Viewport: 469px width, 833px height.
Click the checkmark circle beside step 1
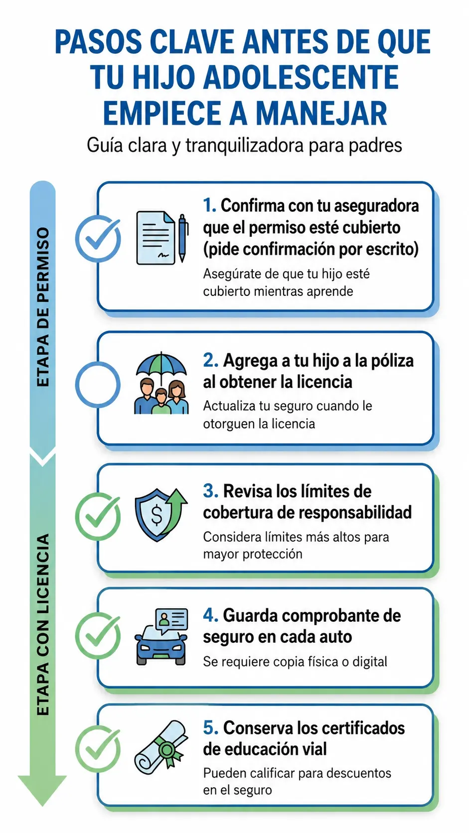coord(98,238)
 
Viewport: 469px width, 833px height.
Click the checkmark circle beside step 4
coord(98,636)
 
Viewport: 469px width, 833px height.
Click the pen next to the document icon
coord(182,238)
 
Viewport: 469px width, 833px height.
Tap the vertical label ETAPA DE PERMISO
coord(43,307)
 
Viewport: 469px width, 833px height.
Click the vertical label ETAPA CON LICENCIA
coord(43,624)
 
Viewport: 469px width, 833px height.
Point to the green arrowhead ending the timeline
coord(42,788)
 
